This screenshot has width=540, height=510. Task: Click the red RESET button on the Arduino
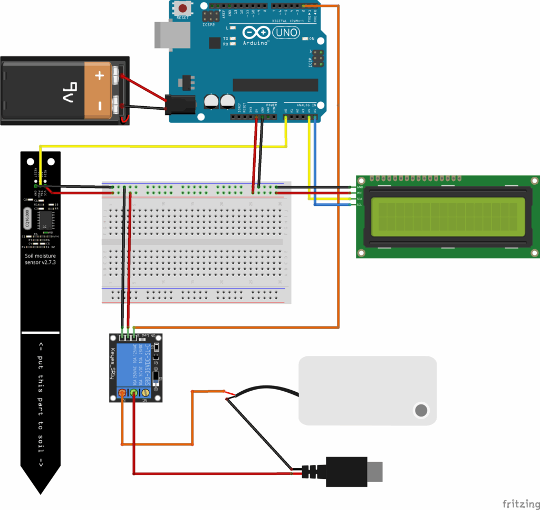click(x=183, y=9)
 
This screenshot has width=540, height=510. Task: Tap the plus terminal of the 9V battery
click(x=100, y=75)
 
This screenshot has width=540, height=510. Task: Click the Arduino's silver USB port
click(x=162, y=35)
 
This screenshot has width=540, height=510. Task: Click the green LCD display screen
click(x=444, y=216)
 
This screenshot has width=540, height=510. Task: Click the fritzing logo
click(x=519, y=503)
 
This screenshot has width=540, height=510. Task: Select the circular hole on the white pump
click(x=421, y=410)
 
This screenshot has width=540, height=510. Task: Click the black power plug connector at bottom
click(x=346, y=471)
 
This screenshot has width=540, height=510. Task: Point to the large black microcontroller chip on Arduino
click(x=275, y=85)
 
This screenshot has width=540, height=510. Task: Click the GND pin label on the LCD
click(x=360, y=187)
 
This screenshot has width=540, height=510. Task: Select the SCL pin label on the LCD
click(x=360, y=205)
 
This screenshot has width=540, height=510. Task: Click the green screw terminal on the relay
click(x=134, y=393)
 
